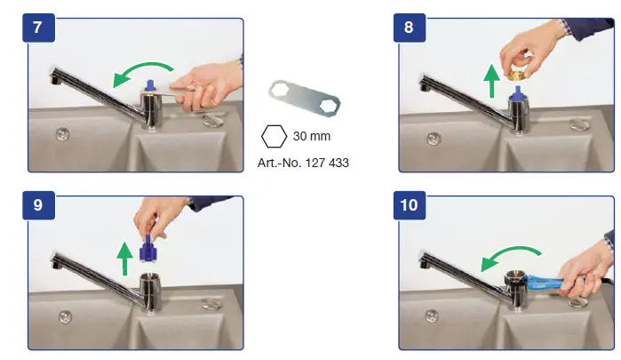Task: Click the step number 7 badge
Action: pyautogui.click(x=38, y=28)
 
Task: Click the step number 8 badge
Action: pyautogui.click(x=410, y=28)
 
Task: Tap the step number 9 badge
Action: pyautogui.click(x=38, y=205)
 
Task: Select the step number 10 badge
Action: pyautogui.click(x=410, y=205)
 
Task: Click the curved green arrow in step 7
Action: pyautogui.click(x=142, y=67)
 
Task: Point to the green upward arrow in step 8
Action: pyautogui.click(x=492, y=81)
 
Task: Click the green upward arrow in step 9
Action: pyautogui.click(x=124, y=259)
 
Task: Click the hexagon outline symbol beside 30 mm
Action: pyautogui.click(x=274, y=136)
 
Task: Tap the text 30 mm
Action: pyautogui.click(x=312, y=136)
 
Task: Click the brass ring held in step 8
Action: pyautogui.click(x=516, y=75)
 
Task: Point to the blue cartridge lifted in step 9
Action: pyautogui.click(x=148, y=249)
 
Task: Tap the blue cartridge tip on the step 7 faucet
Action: pyautogui.click(x=150, y=85)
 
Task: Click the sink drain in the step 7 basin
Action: pyautogui.click(x=62, y=134)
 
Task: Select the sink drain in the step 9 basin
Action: pyautogui.click(x=65, y=316)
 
